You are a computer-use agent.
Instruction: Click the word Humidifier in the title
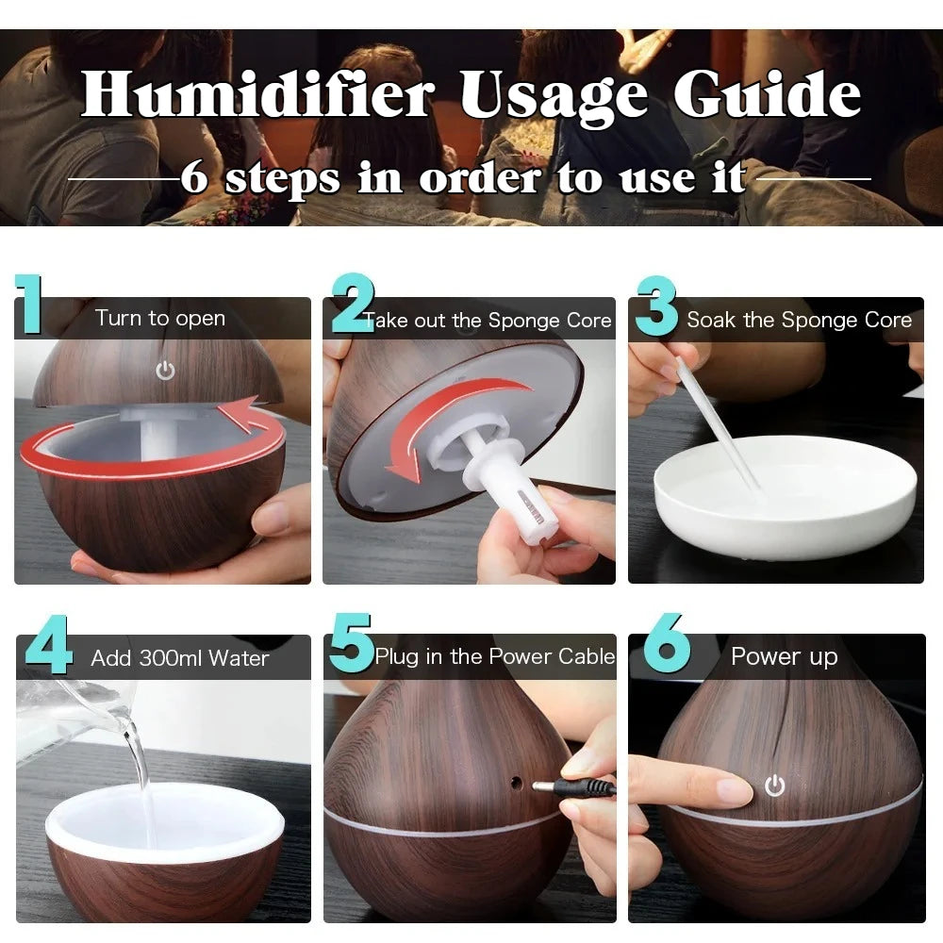coord(256,95)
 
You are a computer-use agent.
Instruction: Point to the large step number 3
coord(657,306)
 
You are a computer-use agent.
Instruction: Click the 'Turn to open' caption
coord(160,319)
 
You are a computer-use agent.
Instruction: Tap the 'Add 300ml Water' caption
coord(179,658)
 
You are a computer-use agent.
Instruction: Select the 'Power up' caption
coord(784,656)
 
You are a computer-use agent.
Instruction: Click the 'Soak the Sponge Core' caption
coord(799,320)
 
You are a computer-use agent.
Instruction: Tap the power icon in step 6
coord(774,786)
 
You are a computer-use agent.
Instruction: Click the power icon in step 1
coord(165,371)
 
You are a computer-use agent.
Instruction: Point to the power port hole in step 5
coord(515,782)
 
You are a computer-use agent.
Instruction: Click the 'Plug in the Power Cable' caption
coord(494,657)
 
